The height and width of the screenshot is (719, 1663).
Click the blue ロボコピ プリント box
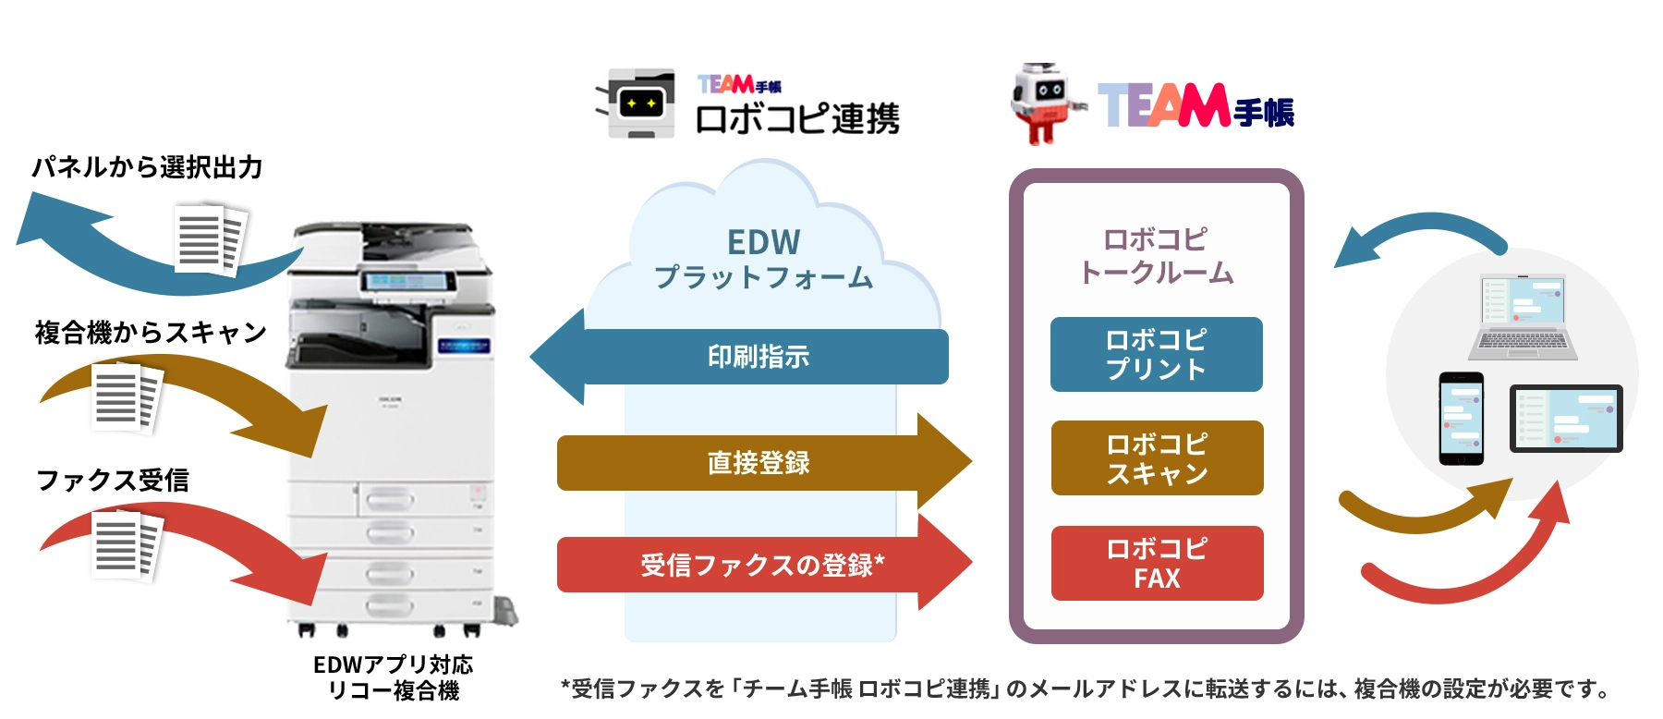point(1156,355)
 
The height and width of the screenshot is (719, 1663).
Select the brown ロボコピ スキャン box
point(1157,458)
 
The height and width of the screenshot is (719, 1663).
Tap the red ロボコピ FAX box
point(1157,563)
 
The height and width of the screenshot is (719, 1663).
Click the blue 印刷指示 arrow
point(758,357)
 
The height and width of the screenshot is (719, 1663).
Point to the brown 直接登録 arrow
point(758,462)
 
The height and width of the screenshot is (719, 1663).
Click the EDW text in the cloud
point(763,242)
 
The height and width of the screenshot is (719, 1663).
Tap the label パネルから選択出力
point(147,167)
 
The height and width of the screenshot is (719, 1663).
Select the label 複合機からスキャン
point(151,332)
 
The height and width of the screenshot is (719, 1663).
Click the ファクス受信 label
point(113,480)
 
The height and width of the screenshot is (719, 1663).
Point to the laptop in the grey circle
point(1523,317)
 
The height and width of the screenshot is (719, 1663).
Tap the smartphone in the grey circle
point(1461,418)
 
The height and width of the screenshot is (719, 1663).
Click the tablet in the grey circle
point(1565,418)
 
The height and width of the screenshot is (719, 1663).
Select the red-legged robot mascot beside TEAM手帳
point(1045,103)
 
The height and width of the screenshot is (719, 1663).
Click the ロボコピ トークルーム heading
point(1156,256)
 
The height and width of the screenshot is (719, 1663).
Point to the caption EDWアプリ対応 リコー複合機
point(394,677)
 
